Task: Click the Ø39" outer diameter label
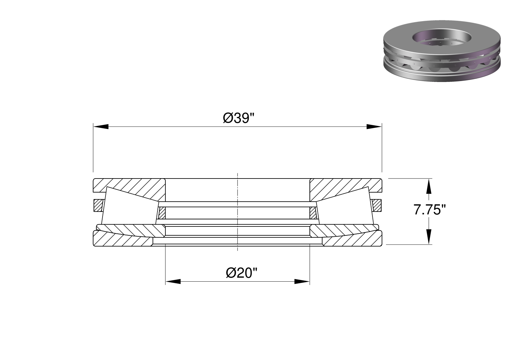point(238,119)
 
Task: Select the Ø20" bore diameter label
point(242,273)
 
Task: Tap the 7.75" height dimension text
point(430,210)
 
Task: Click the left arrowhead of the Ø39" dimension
point(101,127)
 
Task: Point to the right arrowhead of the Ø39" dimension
point(374,127)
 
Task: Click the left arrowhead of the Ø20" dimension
point(173,282)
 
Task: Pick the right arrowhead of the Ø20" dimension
point(302,282)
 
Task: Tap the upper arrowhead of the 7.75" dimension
point(429,186)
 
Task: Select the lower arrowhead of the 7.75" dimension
point(429,237)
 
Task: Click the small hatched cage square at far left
point(98,205)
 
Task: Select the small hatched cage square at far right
point(377,205)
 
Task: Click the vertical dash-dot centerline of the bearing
point(238,212)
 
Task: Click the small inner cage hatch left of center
point(162,213)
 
